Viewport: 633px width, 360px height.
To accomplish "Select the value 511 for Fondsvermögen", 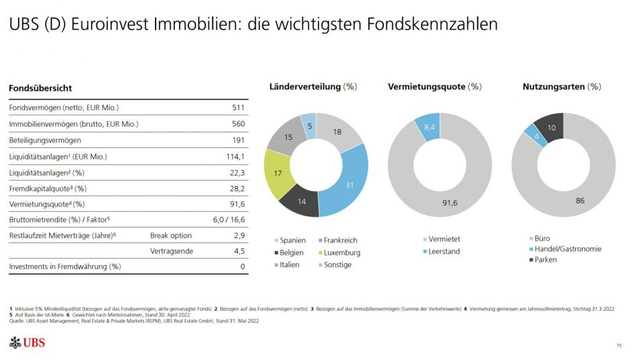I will (x=238, y=108).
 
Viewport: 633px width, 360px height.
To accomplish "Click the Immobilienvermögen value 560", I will (x=238, y=124).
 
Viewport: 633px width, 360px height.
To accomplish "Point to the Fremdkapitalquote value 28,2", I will (x=237, y=188).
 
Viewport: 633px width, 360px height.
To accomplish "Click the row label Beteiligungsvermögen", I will (x=45, y=140).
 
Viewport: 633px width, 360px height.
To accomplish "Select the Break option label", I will (x=170, y=236).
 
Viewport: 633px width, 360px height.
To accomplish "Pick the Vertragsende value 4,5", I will (x=238, y=252).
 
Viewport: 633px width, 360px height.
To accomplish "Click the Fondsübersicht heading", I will (x=40, y=88).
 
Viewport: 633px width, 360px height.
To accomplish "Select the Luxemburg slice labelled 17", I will (x=278, y=174).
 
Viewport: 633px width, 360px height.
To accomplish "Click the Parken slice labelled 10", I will (x=551, y=128).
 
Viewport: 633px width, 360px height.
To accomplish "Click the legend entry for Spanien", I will (x=291, y=240).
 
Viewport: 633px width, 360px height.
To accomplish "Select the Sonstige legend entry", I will (x=337, y=264).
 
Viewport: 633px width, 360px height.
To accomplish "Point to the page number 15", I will (x=618, y=345).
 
